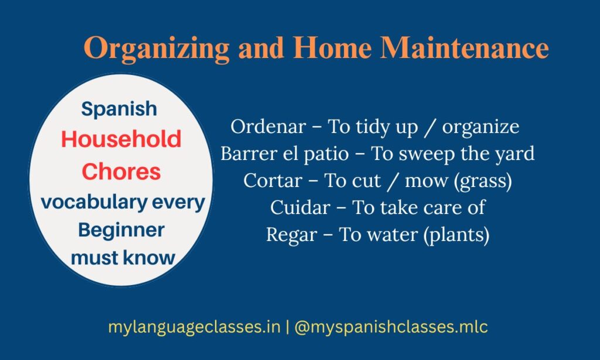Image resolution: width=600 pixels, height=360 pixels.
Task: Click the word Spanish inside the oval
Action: (x=120, y=108)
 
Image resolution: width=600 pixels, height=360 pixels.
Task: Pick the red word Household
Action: (x=121, y=140)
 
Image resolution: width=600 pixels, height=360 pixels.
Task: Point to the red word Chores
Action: (x=121, y=172)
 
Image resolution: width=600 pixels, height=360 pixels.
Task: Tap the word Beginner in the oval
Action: (x=121, y=230)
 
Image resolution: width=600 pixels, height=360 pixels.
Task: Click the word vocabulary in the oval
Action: (x=88, y=202)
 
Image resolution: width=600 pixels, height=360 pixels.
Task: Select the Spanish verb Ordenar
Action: (x=260, y=127)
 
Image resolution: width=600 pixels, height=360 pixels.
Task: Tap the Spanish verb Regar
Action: (x=288, y=235)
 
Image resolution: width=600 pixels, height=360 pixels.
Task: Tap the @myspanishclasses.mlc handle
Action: (x=391, y=327)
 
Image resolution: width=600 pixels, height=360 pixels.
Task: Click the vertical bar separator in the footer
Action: (x=287, y=327)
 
